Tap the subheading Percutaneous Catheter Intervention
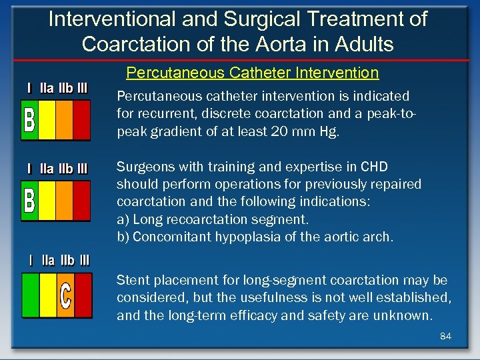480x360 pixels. pos(252,73)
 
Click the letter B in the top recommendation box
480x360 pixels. pos(29,120)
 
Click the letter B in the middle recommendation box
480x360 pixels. pos(29,199)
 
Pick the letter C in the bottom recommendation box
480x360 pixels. pos(65,297)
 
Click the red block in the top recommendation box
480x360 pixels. pos(81,120)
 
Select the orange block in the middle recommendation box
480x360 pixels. pos(64,199)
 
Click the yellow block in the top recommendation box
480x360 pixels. pos(47,120)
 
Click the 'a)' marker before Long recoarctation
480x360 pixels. pos(124,219)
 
